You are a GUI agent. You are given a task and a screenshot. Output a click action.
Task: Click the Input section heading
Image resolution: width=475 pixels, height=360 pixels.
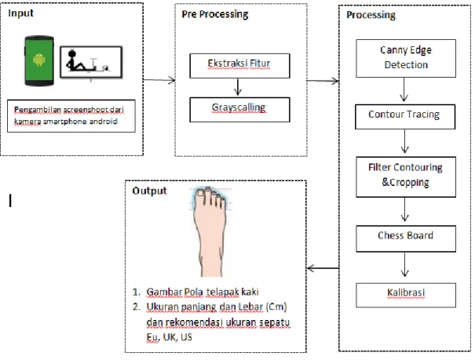[20, 13]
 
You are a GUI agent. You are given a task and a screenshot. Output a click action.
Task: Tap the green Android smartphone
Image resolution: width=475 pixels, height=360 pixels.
[39, 61]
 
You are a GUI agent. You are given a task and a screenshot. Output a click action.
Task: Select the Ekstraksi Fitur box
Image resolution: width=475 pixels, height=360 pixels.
[239, 66]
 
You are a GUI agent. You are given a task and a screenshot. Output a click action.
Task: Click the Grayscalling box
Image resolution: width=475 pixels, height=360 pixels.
[239, 110]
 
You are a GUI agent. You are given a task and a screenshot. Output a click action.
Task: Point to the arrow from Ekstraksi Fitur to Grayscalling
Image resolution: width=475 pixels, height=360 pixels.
[238, 87]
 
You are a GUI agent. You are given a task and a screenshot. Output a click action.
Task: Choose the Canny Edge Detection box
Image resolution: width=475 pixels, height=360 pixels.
[406, 58]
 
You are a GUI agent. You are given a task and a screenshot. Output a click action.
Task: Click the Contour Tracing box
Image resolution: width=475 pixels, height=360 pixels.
[405, 117]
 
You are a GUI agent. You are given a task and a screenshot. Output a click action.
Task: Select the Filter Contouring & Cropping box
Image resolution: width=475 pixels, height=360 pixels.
[406, 177]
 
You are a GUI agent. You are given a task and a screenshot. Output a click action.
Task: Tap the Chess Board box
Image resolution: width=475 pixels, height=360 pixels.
[406, 238]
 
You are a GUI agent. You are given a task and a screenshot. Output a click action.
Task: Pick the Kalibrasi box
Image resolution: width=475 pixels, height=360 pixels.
[406, 295]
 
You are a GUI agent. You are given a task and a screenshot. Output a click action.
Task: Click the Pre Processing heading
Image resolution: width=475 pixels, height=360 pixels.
[215, 14]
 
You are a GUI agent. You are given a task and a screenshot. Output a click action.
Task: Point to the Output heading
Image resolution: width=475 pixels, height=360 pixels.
[149, 191]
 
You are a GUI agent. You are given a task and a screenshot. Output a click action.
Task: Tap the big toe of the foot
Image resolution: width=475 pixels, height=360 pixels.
[200, 195]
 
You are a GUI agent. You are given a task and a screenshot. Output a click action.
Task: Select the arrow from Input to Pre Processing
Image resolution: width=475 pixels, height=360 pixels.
[159, 80]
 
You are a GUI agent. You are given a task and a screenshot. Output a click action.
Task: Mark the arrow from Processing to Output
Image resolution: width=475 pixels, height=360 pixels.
[323, 268]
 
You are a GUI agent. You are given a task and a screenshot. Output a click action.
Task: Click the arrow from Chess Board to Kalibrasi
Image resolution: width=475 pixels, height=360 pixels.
[404, 265]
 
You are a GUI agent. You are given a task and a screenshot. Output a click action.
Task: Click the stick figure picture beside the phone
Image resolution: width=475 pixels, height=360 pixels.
[91, 62]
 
